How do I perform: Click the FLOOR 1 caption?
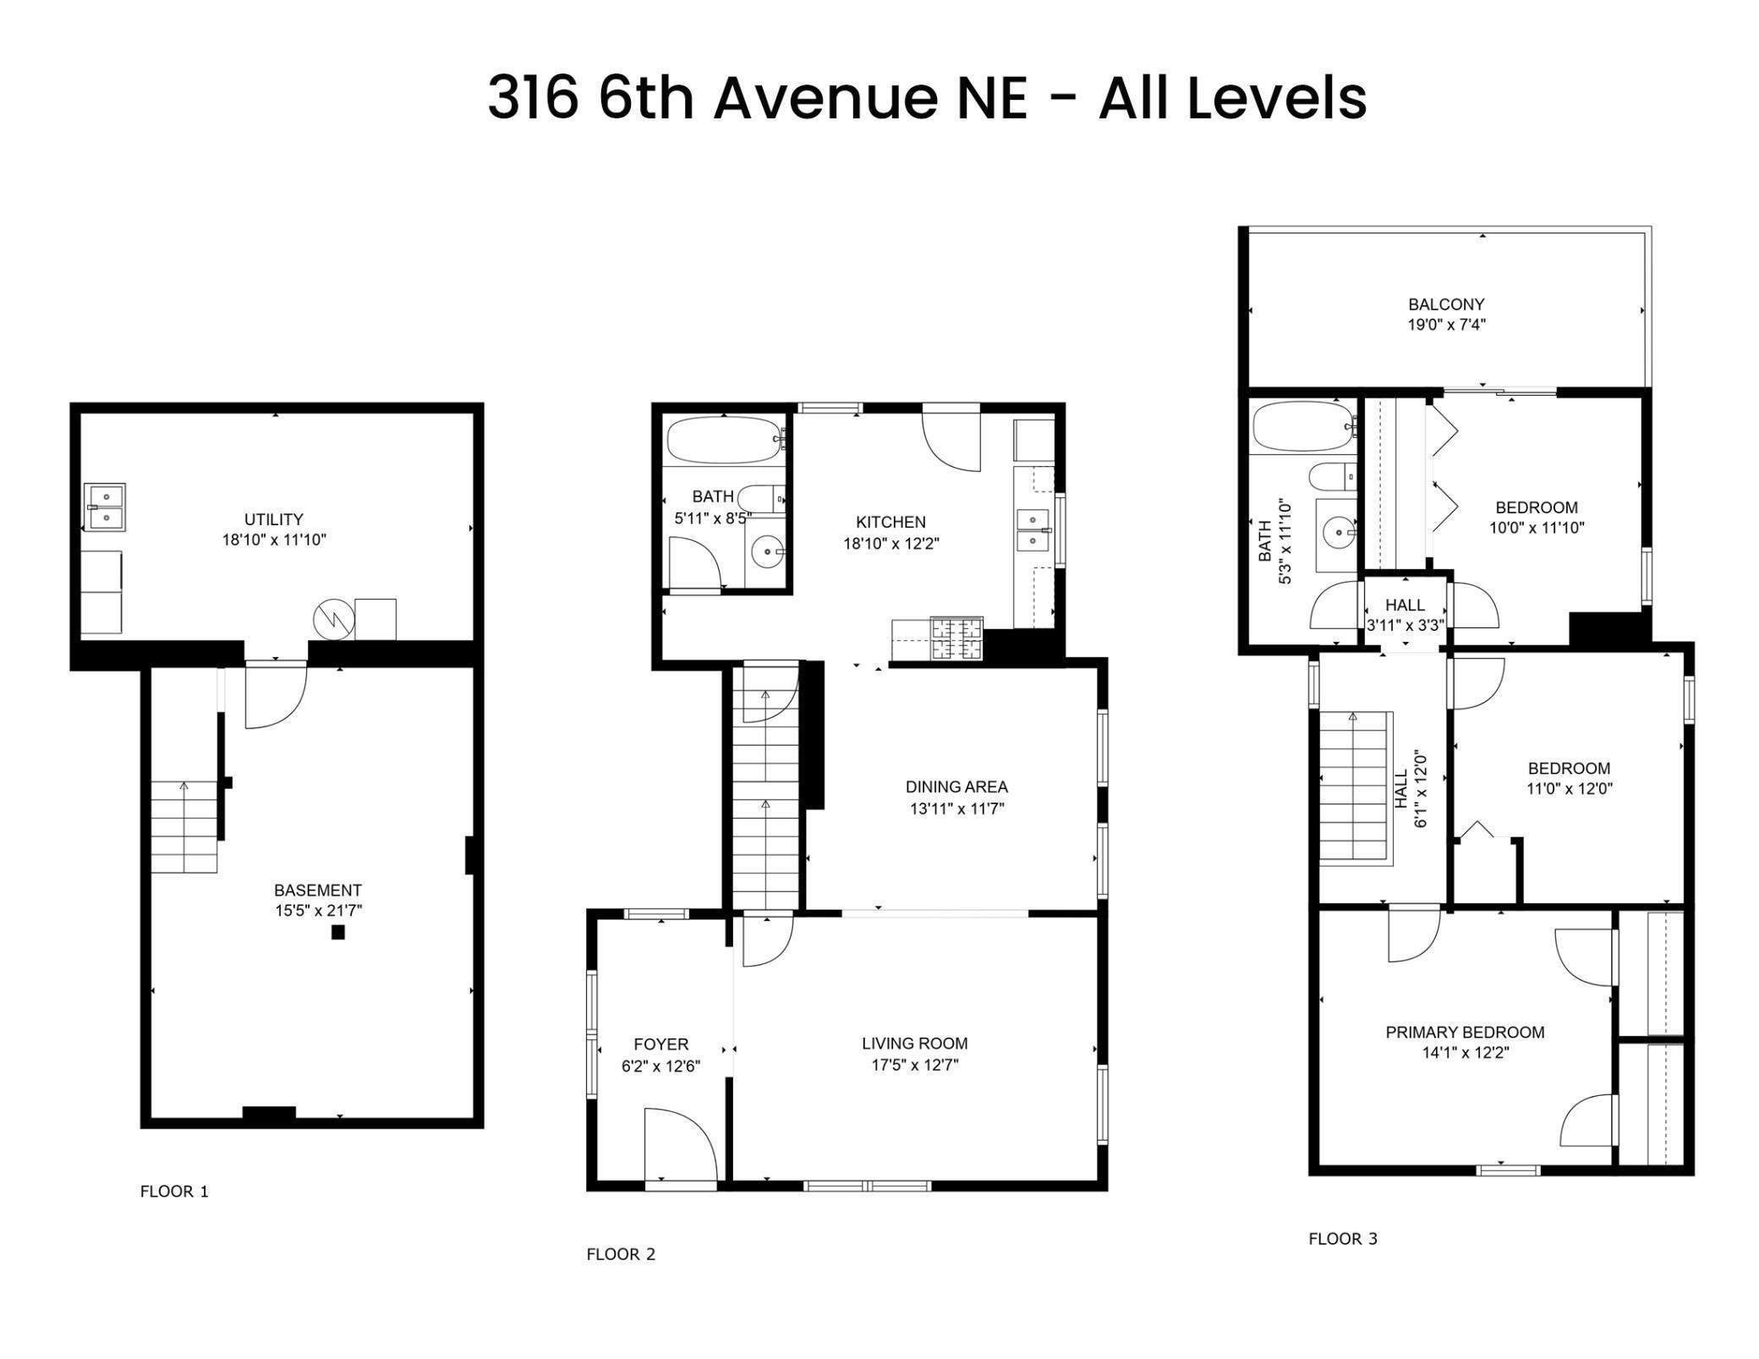pos(174,1192)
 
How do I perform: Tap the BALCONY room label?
pos(1446,304)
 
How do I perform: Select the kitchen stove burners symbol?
pos(956,639)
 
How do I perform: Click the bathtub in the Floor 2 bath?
pos(724,440)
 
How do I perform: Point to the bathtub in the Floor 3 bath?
pos(1303,427)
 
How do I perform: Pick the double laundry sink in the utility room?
pos(106,507)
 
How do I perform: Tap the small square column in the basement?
pos(338,933)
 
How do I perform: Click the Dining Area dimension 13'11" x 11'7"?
pos(956,808)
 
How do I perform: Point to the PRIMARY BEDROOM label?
pos(1465,1033)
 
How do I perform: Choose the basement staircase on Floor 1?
pos(184,827)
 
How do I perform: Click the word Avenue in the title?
pos(826,98)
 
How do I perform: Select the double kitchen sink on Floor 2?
pos(1033,530)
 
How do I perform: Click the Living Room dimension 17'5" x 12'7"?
pos(914,1066)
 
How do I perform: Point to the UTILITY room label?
pos(273,519)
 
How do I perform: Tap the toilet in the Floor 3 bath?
pos(1332,477)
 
